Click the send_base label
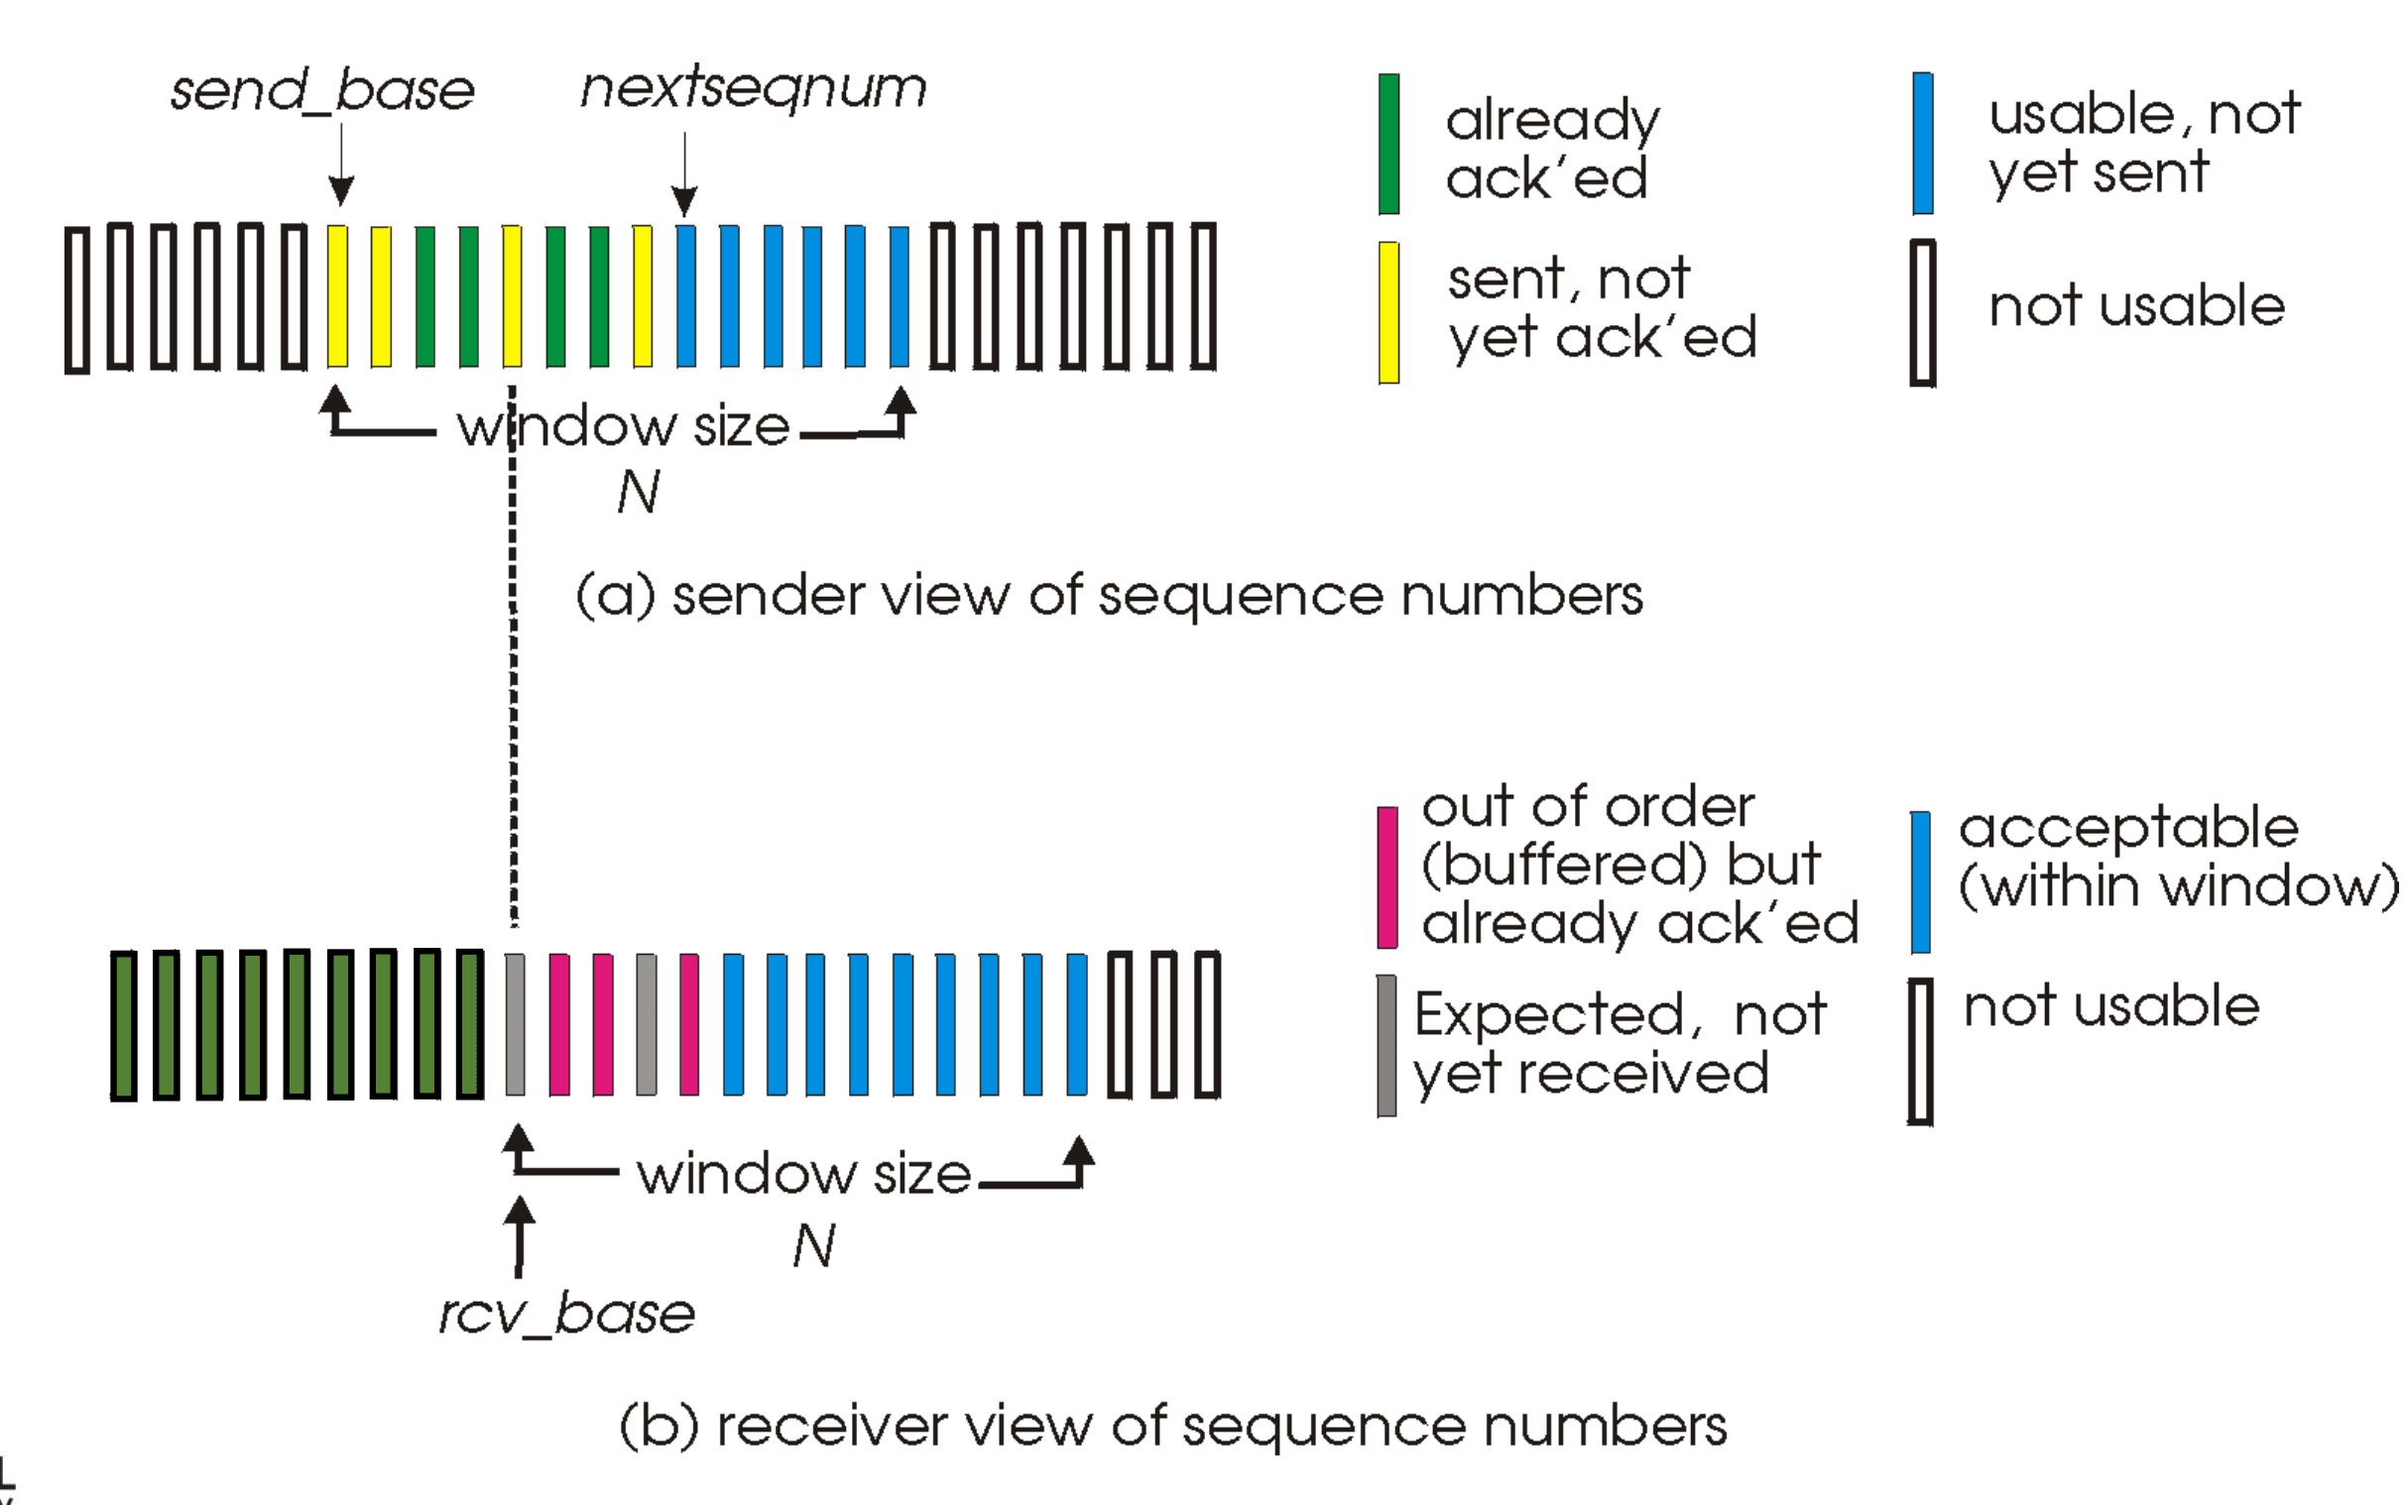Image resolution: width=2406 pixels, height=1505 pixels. [x=322, y=92]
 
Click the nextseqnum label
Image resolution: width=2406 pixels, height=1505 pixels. [x=754, y=88]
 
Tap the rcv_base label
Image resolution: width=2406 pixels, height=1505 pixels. [x=567, y=1314]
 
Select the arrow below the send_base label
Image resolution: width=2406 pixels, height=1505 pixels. [x=341, y=165]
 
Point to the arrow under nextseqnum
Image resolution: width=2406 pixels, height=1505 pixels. [x=685, y=174]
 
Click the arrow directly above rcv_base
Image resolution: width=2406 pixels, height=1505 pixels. [x=519, y=1236]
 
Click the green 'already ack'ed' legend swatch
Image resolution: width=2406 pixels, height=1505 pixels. [x=1389, y=144]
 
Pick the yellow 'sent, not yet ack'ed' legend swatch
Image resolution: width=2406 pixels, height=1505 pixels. [x=1389, y=312]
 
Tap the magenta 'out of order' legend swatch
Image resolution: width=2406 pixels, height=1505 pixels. [x=1387, y=878]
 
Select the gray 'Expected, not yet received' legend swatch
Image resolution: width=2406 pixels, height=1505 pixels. [x=1386, y=1046]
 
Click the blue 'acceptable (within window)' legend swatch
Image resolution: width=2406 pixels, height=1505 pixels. [x=1920, y=882]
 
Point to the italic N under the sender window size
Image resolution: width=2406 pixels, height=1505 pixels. [x=638, y=491]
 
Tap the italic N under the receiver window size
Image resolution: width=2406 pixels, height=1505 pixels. [x=814, y=1245]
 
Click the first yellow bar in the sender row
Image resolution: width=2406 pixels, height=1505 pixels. [x=337, y=296]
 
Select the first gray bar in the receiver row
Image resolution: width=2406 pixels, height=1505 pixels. [x=515, y=1024]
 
